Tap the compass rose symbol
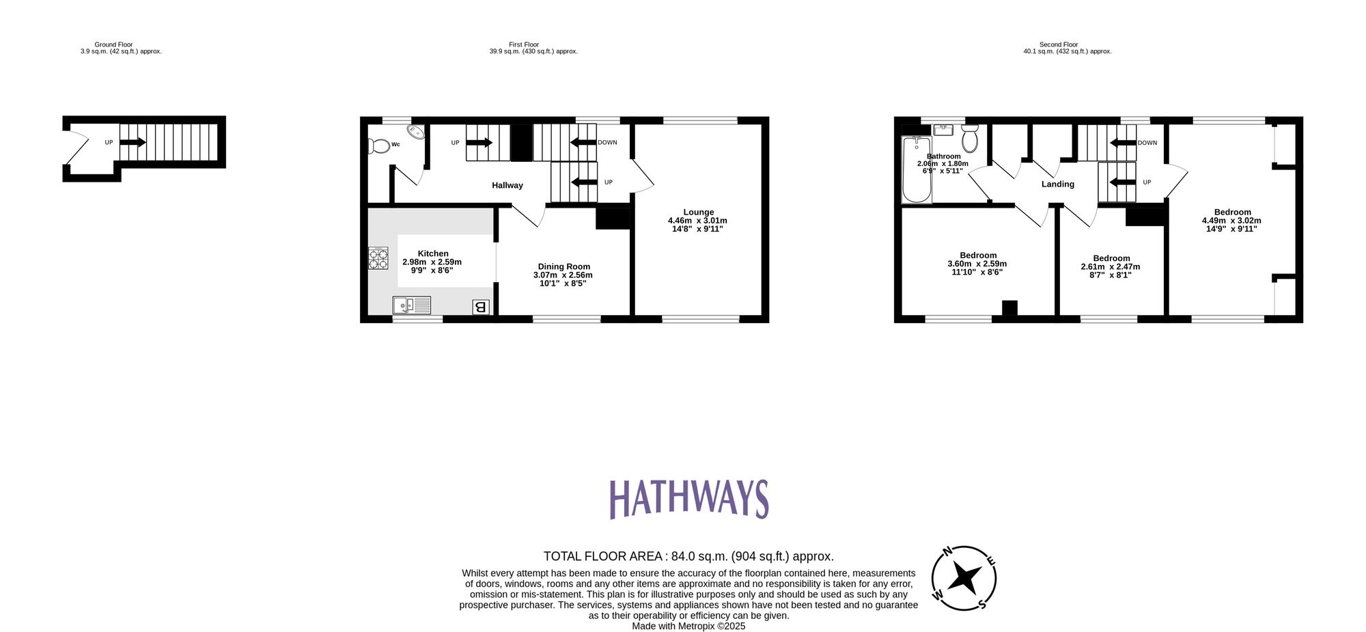point(964,578)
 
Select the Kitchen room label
point(433,253)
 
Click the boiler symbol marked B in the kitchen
point(480,307)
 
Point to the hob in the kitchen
point(378,258)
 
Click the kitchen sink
point(412,305)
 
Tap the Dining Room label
point(563,266)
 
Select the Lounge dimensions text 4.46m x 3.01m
point(697,221)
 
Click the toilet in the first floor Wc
point(377,146)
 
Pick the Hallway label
point(507,185)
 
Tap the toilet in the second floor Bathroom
point(969,139)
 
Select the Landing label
point(1057,184)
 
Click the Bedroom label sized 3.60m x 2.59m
point(977,255)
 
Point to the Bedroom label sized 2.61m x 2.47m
point(1111,258)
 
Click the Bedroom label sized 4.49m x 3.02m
point(1232,212)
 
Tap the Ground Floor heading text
point(113,44)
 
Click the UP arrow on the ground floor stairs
point(133,142)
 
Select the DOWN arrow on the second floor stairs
point(1122,143)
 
